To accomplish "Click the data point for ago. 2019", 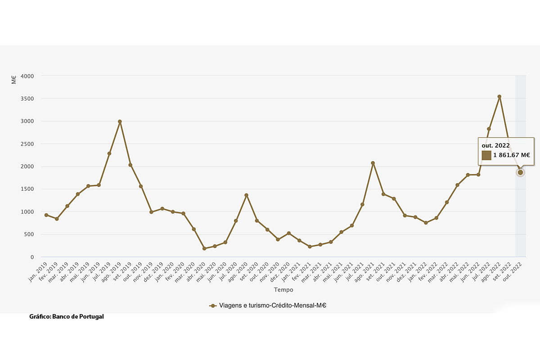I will (x=120, y=121).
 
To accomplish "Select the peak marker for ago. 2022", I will (x=499, y=96).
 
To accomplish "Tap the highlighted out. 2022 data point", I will (x=521, y=172).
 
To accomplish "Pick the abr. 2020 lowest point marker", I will (x=204, y=248).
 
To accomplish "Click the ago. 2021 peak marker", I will (x=373, y=163).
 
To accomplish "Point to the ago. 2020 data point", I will (x=246, y=195).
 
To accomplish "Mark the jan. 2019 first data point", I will (x=46, y=215).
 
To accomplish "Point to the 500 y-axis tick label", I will (x=29, y=234).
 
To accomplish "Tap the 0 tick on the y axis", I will (x=31, y=257).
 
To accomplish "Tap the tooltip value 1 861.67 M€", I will (x=511, y=156).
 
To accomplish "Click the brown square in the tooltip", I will (x=486, y=156).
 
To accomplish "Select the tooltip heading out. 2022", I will (x=496, y=145).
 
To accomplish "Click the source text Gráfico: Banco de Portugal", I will (x=67, y=316).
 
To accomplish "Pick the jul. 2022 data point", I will (x=489, y=129).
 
